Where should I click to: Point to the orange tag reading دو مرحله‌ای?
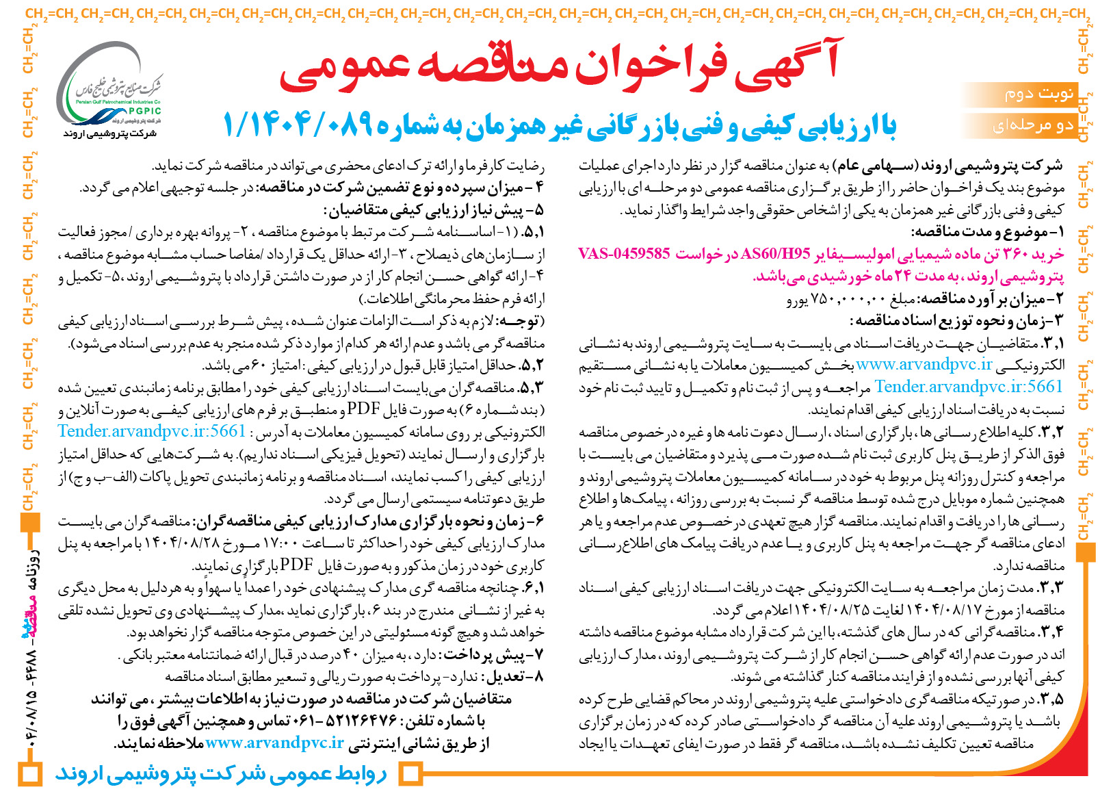click(1032, 125)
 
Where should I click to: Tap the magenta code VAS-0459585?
click(624, 254)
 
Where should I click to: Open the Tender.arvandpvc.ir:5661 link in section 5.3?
click(151, 431)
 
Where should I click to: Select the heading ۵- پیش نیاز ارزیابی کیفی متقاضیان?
click(434, 210)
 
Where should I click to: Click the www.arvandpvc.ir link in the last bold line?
click(274, 743)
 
